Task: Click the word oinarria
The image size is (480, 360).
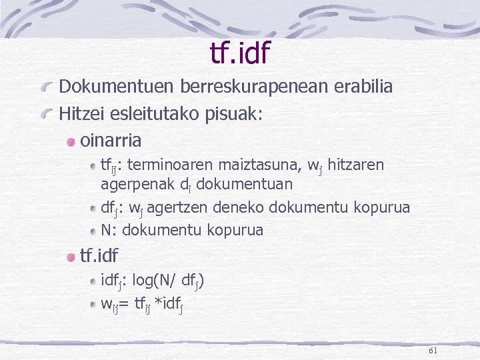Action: pos(111,141)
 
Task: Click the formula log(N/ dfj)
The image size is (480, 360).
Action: pos(171,280)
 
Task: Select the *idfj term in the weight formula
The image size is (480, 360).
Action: pos(169,304)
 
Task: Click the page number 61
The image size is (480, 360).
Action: pos(433,350)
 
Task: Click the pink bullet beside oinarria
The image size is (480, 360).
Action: pos(71,141)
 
